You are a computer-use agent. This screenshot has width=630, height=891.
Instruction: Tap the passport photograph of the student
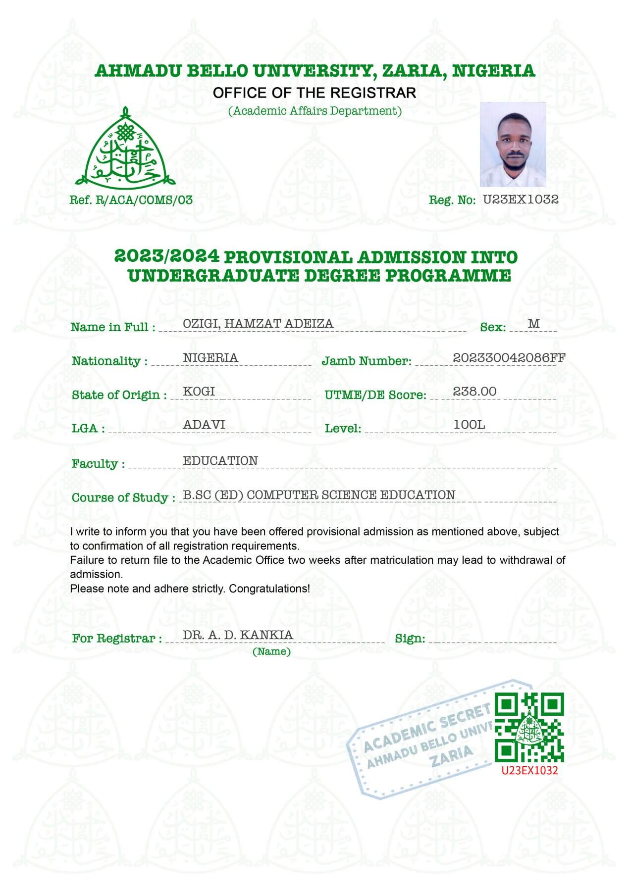(513, 144)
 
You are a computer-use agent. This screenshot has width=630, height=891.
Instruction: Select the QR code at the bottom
(529, 727)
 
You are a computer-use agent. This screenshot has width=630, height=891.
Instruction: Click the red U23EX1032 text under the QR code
(529, 770)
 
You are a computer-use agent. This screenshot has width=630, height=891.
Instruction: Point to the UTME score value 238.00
(474, 392)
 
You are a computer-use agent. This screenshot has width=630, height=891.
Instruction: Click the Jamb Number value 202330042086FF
(509, 358)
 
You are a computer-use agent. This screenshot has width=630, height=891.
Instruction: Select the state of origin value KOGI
(199, 392)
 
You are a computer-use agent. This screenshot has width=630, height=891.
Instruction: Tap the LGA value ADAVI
(204, 425)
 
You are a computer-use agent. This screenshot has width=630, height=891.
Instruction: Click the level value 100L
(469, 425)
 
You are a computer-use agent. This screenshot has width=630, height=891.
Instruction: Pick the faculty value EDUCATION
(220, 461)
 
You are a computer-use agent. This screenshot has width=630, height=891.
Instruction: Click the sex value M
(533, 324)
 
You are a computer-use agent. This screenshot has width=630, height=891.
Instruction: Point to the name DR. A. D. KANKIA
(238, 635)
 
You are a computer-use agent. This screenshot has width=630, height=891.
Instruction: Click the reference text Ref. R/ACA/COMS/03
(131, 200)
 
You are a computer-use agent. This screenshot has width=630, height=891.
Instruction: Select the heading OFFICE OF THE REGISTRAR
(315, 93)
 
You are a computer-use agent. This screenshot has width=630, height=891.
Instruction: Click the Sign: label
(410, 639)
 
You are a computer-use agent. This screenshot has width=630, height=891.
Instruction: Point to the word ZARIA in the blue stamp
(451, 755)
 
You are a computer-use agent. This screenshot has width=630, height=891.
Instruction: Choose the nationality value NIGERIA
(210, 358)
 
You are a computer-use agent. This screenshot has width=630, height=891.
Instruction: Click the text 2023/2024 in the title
(166, 256)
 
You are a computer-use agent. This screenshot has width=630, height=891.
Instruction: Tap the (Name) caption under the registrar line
(271, 651)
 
